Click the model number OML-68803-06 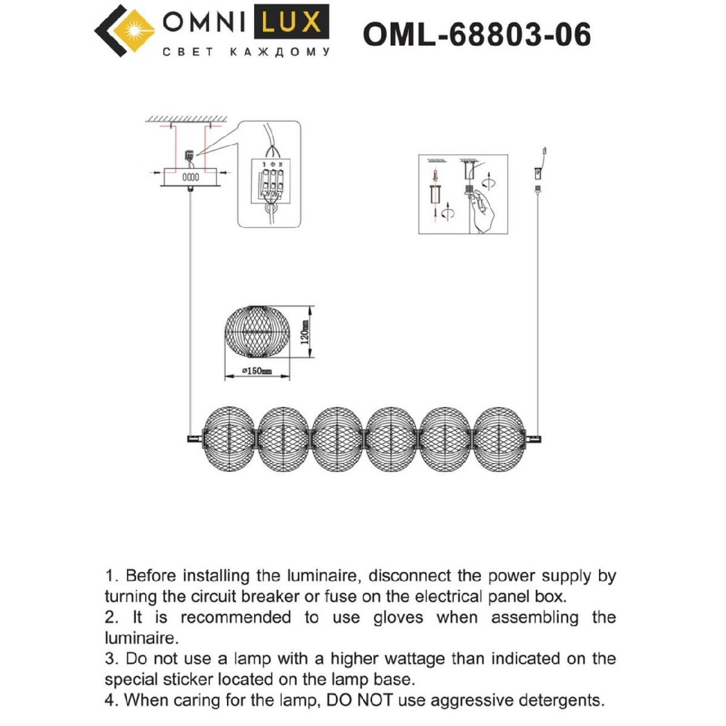[477, 34]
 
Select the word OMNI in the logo [202, 23]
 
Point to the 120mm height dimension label [306, 332]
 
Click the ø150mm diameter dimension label [257, 371]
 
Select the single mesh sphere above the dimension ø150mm [257, 332]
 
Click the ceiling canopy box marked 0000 [191, 177]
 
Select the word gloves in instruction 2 [400, 618]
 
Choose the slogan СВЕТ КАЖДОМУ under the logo [246, 53]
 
